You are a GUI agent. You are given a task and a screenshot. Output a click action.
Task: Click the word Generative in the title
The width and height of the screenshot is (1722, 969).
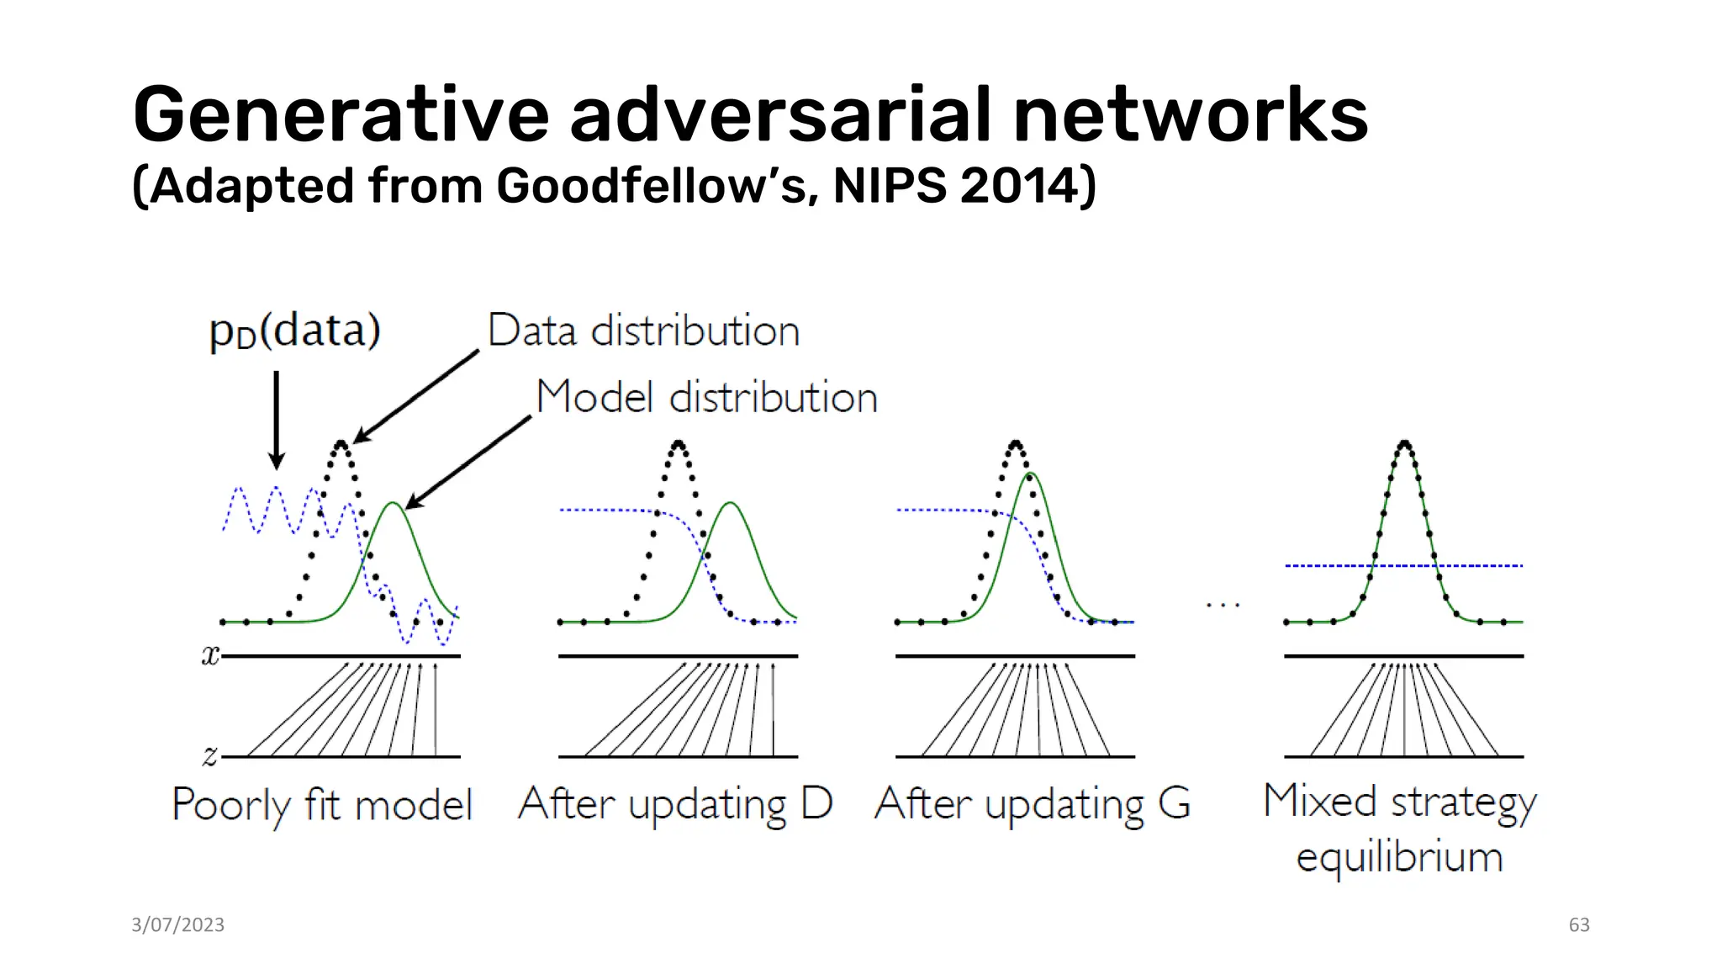(x=341, y=115)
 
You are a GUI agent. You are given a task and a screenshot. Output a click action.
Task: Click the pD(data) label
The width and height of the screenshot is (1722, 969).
(x=294, y=331)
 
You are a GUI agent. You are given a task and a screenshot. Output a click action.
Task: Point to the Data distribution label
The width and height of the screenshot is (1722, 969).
(x=643, y=331)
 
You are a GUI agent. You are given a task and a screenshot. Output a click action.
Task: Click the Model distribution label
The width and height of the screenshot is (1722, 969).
(x=706, y=397)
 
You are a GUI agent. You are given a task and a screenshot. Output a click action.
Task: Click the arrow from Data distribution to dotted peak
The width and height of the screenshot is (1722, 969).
(x=416, y=395)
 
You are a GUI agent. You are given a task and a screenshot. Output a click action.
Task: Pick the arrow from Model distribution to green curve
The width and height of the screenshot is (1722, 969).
(x=468, y=462)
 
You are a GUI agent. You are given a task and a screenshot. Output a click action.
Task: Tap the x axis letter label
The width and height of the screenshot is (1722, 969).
(x=209, y=654)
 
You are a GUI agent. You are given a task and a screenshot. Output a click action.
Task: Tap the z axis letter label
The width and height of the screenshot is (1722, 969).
(x=209, y=755)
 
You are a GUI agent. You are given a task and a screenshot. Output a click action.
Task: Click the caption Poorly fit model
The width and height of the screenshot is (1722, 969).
(x=322, y=805)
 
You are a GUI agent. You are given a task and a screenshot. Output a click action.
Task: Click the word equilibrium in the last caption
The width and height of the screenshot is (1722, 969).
(x=1399, y=857)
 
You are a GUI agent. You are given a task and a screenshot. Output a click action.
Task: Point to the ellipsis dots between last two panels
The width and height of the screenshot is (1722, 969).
(x=1223, y=605)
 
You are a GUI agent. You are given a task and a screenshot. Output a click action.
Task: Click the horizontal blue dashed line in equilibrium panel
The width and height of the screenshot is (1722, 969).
(x=1480, y=566)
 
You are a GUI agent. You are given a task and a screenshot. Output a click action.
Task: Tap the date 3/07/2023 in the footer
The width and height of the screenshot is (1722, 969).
(x=177, y=924)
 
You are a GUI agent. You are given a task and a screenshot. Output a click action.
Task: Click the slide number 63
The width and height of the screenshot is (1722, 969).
(x=1578, y=924)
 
